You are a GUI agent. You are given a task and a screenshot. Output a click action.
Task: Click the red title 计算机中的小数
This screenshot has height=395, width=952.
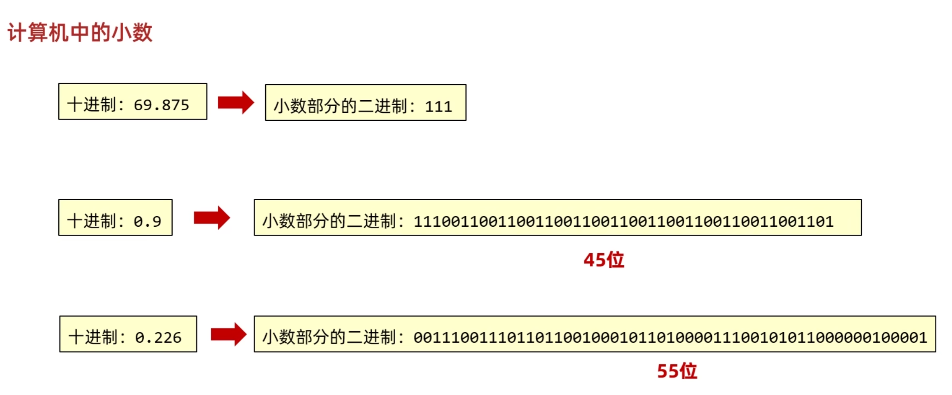pos(80,33)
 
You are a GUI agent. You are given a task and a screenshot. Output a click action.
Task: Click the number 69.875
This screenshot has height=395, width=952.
pos(161,105)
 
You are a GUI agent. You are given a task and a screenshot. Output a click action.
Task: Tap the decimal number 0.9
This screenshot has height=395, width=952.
pos(147,221)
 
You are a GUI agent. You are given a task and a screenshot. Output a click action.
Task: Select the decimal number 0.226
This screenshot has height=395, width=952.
pos(158,337)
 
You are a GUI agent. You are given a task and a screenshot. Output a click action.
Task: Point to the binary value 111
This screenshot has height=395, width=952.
pos(438,107)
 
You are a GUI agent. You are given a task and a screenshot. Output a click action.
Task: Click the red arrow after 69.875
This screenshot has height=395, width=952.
pos(236,103)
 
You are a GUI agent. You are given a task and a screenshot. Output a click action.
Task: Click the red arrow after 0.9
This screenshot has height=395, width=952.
pos(212,218)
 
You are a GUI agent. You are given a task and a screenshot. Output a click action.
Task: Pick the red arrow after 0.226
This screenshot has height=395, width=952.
pos(229,334)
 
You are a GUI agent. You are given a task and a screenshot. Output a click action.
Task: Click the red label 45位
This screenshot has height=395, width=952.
pos(604,260)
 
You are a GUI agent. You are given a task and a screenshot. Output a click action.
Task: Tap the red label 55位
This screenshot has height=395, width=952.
pos(677,371)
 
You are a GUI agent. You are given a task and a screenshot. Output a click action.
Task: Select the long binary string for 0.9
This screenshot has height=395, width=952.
pos(624,221)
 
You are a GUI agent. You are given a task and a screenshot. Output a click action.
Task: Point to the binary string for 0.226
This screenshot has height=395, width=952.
pos(670,337)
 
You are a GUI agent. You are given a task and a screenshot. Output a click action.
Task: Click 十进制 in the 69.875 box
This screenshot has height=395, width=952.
pos(92,105)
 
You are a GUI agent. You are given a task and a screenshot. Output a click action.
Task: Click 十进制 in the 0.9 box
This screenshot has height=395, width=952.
pos(92,221)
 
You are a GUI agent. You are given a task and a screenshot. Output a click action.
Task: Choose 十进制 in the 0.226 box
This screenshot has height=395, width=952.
pos(93,337)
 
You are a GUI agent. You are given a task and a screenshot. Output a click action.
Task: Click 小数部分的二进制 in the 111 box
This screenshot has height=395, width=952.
pos(341,107)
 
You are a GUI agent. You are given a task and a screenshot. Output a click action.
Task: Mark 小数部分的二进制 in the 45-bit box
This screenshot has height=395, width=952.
pos(329,221)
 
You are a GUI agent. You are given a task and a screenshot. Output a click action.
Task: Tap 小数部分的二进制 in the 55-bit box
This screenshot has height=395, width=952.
pos(329,337)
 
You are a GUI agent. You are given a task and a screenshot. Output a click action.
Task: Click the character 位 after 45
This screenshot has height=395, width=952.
pos(615,260)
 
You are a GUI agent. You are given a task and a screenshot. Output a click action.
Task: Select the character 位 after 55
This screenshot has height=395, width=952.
pos(688,371)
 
